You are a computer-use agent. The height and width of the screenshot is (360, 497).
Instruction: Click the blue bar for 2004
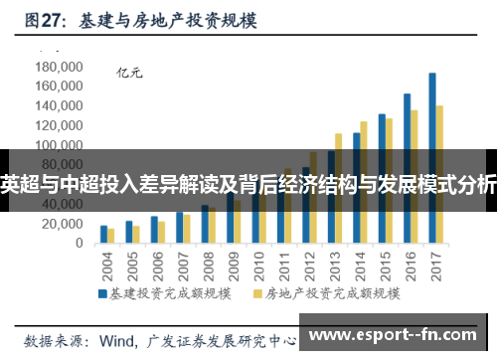click(103, 234)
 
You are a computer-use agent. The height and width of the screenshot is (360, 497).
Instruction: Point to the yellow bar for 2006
click(162, 232)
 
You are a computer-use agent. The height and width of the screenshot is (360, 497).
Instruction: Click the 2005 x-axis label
click(132, 267)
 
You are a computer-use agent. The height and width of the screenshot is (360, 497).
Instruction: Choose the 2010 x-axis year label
click(259, 267)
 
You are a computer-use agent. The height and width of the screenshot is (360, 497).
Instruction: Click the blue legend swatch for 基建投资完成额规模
click(101, 293)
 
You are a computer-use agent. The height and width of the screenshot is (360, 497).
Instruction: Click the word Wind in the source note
click(117, 338)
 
